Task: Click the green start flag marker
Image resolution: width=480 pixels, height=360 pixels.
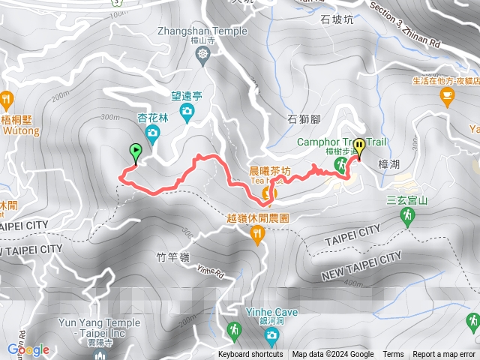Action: [x=135, y=153]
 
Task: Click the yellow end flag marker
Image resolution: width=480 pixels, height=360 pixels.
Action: [x=359, y=148]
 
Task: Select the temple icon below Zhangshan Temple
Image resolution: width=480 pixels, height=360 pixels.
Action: [x=202, y=54]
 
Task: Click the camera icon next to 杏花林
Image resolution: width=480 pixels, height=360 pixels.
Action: [x=153, y=134]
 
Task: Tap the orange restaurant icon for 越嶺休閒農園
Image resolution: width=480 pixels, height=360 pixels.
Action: [x=258, y=237]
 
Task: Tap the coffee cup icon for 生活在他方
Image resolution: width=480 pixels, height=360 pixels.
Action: [x=448, y=95]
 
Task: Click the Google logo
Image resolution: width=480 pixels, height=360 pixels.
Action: [x=28, y=349]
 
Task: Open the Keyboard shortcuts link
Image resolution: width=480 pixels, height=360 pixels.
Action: [x=250, y=355]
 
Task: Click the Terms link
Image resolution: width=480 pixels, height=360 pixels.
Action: [x=393, y=355]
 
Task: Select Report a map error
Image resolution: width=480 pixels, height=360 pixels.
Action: [x=444, y=355]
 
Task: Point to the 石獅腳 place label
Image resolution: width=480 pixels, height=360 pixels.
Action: [x=304, y=119]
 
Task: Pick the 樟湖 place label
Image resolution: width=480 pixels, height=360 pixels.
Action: [x=391, y=163]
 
